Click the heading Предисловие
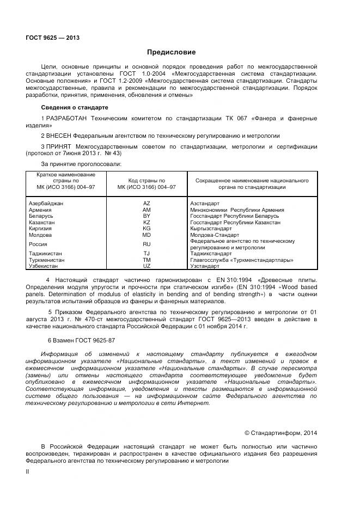[x=172, y=53]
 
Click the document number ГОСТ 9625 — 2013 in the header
[x=52, y=38]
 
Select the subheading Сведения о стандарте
[x=75, y=107]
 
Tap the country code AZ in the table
[x=147, y=203]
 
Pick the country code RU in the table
[x=147, y=244]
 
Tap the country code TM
[x=147, y=260]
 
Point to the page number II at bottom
[x=27, y=473]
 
